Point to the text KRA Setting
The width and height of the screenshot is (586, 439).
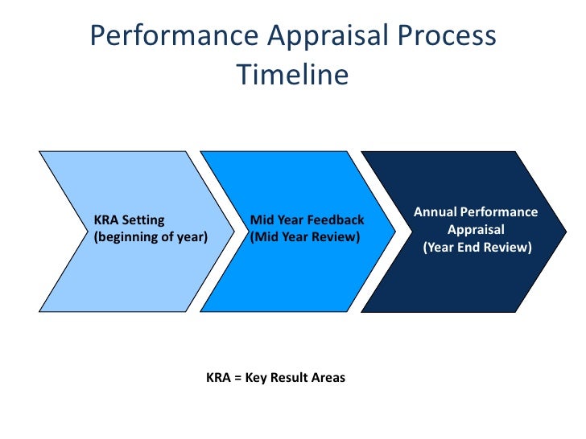[x=129, y=219]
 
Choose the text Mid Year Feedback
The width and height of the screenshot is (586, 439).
[x=307, y=219]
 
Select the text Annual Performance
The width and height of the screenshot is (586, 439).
[x=476, y=212]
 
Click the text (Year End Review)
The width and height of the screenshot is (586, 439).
[x=477, y=248]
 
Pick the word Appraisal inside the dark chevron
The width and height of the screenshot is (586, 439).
[x=477, y=230]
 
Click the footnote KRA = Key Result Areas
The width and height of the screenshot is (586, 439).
[x=275, y=376]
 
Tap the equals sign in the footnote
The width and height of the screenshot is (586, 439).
[x=237, y=376]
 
